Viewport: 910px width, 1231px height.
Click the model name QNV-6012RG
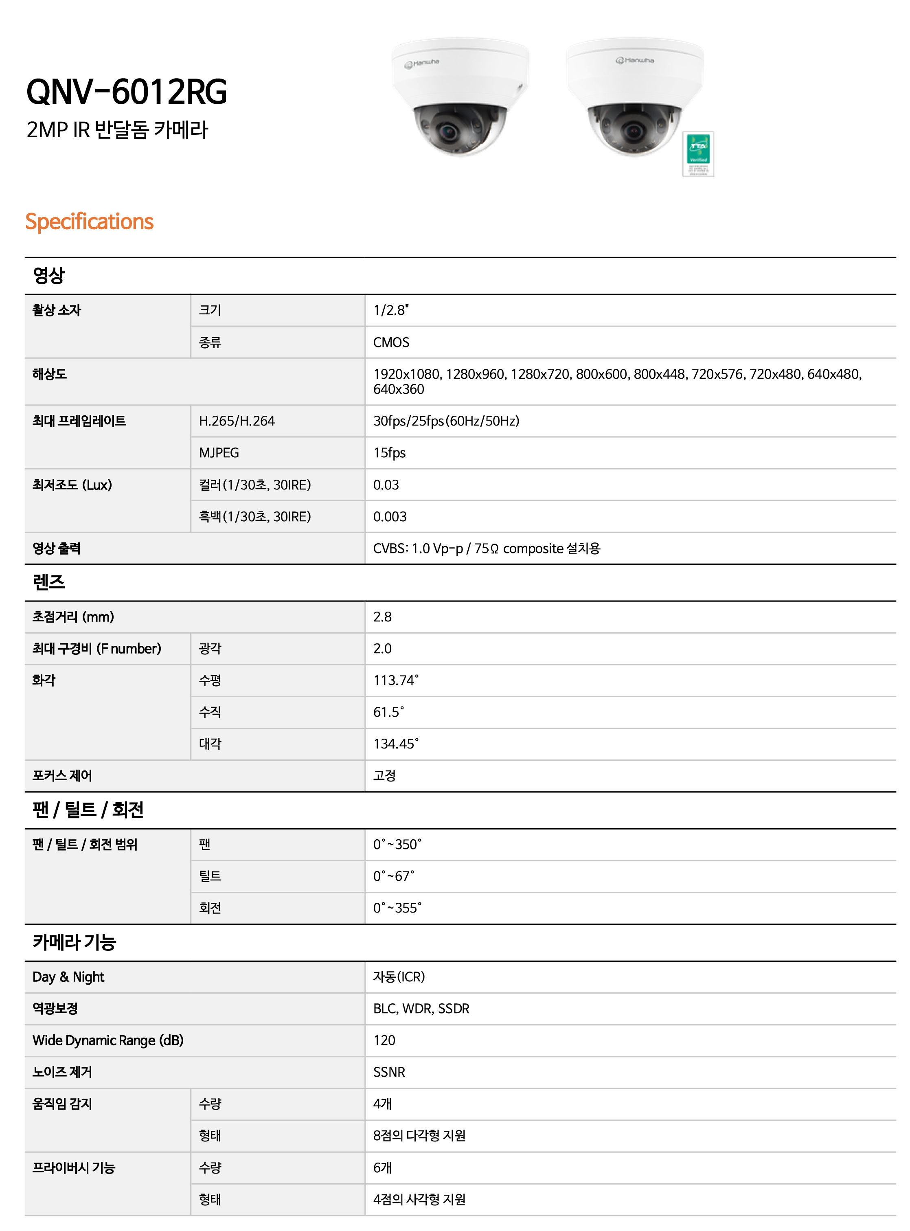click(x=127, y=92)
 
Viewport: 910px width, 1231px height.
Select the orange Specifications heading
click(x=89, y=222)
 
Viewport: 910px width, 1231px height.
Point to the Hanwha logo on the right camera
click(x=635, y=60)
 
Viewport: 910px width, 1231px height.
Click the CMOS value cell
click(x=391, y=342)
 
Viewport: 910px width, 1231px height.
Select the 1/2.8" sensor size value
click(x=390, y=311)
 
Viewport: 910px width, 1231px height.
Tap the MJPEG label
click(x=219, y=453)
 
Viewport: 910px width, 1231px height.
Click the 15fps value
click(x=389, y=453)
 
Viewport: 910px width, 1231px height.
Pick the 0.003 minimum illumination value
click(x=390, y=517)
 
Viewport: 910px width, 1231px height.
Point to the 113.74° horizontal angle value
click(x=395, y=680)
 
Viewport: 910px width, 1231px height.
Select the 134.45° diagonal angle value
click(x=395, y=744)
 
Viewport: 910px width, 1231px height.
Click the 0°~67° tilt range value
click(x=393, y=876)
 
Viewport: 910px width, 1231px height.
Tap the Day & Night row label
click(x=68, y=977)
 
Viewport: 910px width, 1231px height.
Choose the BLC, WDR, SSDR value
click(x=421, y=1009)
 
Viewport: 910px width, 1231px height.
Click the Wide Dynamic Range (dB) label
click(x=108, y=1040)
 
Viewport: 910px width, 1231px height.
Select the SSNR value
click(x=389, y=1072)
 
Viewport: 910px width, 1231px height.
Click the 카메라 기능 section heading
click(x=74, y=942)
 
